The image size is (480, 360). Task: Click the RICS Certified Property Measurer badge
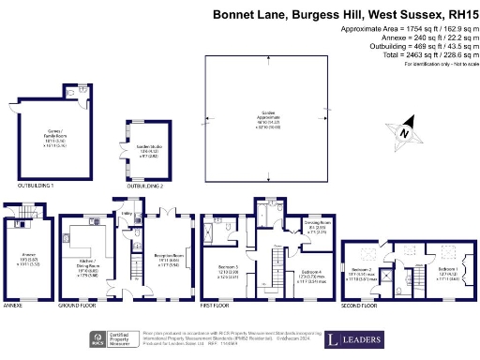106,338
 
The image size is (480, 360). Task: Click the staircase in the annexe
18,225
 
